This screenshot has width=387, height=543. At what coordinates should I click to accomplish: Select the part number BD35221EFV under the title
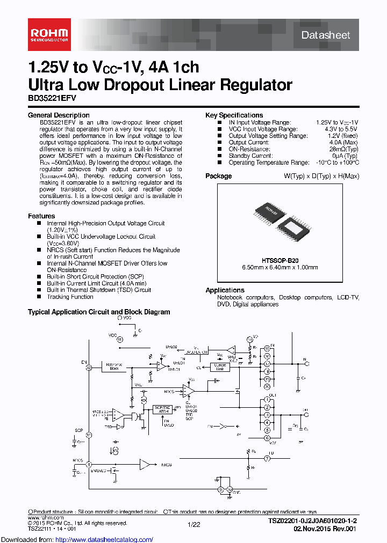click(52, 99)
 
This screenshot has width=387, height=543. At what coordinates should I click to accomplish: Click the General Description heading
click(58, 115)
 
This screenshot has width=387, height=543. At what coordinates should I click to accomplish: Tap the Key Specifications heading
click(234, 115)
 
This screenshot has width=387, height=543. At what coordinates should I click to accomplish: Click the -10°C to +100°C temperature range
click(338, 163)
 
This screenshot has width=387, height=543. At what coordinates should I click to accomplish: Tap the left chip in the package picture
click(267, 214)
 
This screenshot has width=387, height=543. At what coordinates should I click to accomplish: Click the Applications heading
click(225, 290)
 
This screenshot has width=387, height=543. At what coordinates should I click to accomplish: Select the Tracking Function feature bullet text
click(70, 297)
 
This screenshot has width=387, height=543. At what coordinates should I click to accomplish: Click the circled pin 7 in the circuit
click(267, 459)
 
